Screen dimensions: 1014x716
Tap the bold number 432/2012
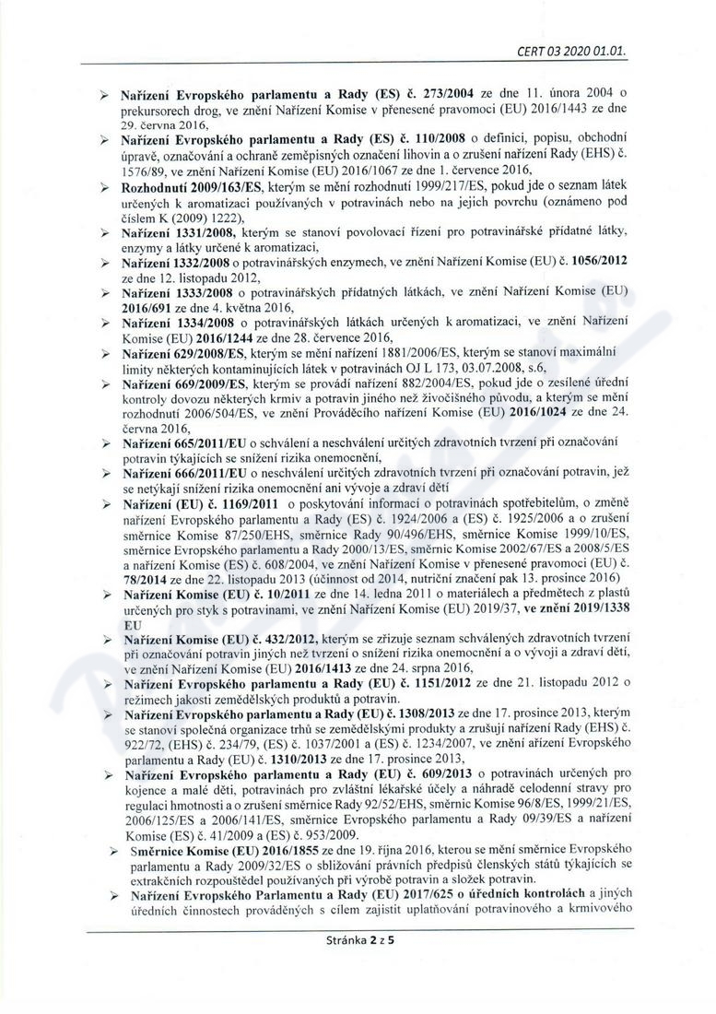[x=287, y=638]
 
